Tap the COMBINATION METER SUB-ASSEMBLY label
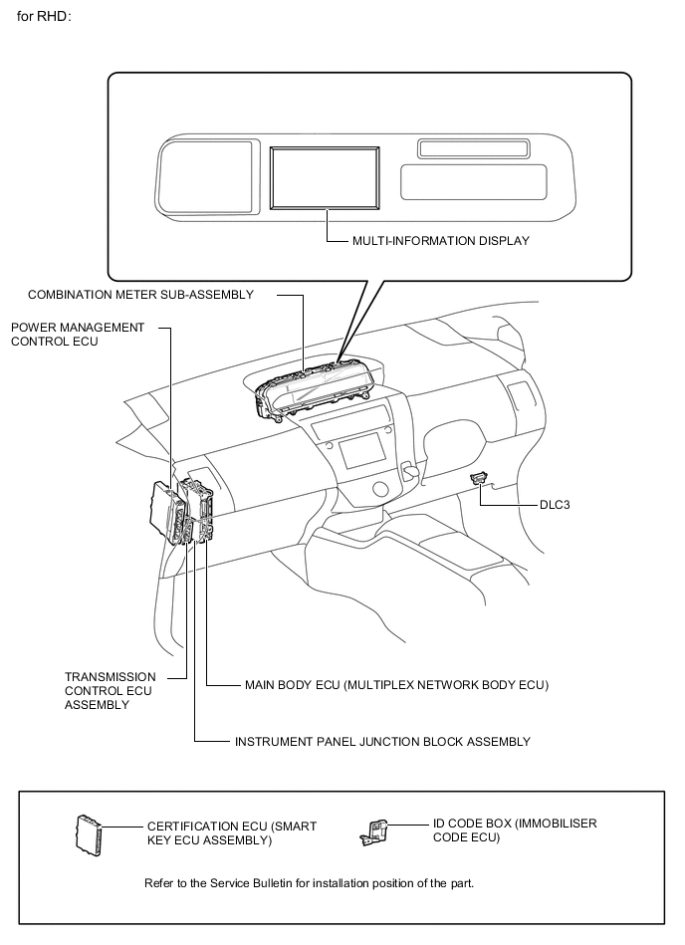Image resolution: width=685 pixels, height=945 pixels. click(x=140, y=295)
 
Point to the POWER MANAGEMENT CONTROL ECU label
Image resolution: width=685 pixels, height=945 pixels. click(x=78, y=335)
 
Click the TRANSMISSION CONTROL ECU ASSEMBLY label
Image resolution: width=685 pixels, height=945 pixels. click(x=110, y=690)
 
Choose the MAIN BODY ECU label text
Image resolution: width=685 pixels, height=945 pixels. click(x=396, y=685)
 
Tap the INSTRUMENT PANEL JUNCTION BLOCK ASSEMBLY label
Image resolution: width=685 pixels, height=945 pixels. click(x=382, y=742)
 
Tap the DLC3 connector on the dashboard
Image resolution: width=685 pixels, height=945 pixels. click(x=480, y=478)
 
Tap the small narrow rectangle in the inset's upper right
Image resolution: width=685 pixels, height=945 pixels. click(x=473, y=149)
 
